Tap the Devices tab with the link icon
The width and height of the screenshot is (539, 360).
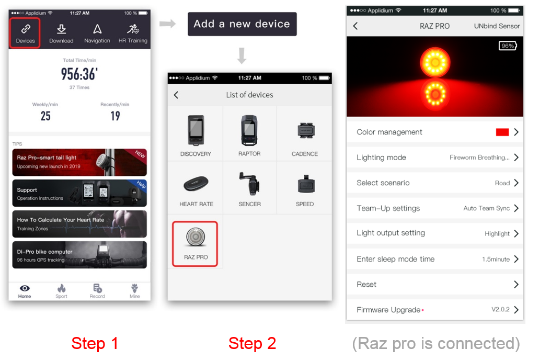[x=25, y=33]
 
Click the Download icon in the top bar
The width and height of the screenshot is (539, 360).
[x=61, y=29]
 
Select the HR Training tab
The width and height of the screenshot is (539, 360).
[x=133, y=33]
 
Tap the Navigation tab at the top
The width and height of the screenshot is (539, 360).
[x=97, y=33]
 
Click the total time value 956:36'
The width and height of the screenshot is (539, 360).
[x=79, y=74]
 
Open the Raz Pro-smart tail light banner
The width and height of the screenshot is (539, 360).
[x=79, y=162]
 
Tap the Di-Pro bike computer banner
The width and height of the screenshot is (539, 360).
[x=79, y=255]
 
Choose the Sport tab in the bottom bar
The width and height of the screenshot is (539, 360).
[x=61, y=291]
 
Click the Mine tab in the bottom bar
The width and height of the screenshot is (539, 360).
[x=135, y=291]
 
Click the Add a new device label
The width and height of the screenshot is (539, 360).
[x=242, y=24]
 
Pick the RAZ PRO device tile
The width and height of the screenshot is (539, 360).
[x=195, y=244]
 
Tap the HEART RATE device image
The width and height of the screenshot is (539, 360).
[x=196, y=184]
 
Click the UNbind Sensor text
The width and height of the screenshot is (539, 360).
[x=497, y=26]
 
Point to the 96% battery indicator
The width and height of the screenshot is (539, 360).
[x=508, y=46]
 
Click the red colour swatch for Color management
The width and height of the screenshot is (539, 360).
[x=502, y=132]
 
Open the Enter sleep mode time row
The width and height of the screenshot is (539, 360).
[x=435, y=259]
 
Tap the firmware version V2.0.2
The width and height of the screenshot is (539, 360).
[x=500, y=309]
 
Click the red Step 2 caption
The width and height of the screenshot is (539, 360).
[x=253, y=343]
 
